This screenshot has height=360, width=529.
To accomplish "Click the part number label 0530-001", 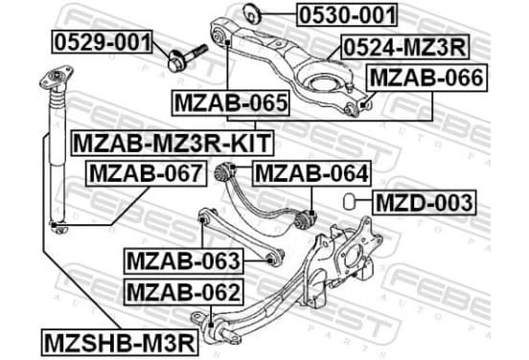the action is pyautogui.click(x=347, y=14).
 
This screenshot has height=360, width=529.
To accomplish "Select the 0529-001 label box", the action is pyautogui.click(x=103, y=42).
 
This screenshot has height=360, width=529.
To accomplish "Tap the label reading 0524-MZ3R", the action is pyautogui.click(x=404, y=47).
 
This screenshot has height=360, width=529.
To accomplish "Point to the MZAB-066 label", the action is pyautogui.click(x=426, y=78).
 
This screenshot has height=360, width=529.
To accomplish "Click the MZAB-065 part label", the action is pyautogui.click(x=231, y=102).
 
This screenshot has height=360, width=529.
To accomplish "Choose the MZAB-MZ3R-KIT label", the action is pyautogui.click(x=172, y=143).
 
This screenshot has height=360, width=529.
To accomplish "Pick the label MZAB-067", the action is pyautogui.click(x=146, y=173).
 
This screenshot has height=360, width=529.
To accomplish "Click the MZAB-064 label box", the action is pyautogui.click(x=311, y=173).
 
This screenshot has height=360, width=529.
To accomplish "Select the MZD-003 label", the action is pyautogui.click(x=425, y=202).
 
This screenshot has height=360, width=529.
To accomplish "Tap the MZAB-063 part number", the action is pyautogui.click(x=184, y=260).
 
